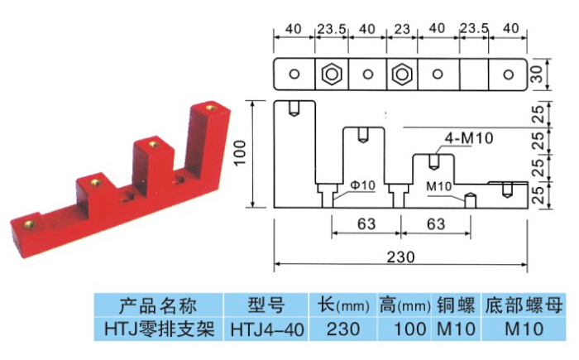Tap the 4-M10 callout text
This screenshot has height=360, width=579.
(x=468, y=137)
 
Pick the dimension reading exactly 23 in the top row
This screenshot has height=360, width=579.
(x=402, y=29)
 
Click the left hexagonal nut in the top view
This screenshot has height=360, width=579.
(x=332, y=74)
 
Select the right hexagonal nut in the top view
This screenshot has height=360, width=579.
(x=402, y=74)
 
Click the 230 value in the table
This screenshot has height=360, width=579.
(x=342, y=329)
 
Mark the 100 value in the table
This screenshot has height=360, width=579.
(x=404, y=329)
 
